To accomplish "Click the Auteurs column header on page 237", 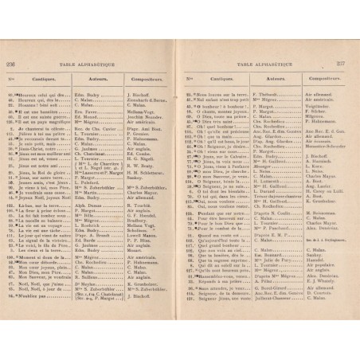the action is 252,80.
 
